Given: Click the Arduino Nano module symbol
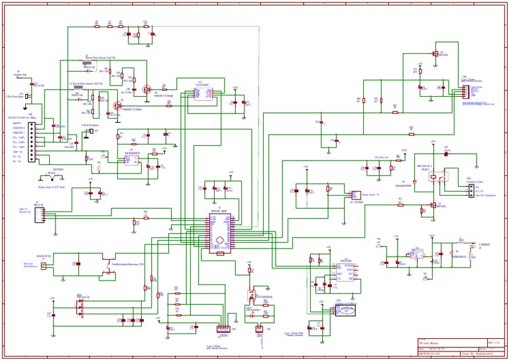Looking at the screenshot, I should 220,231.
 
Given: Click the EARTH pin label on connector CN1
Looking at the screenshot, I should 17,123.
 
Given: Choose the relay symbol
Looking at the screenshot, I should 437,176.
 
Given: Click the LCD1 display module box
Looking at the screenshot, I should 346,311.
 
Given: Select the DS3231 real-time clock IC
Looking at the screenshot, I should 345,272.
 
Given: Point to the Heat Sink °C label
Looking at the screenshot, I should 370,195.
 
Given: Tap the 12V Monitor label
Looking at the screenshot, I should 381,157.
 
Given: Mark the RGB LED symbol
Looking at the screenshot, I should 80,306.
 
